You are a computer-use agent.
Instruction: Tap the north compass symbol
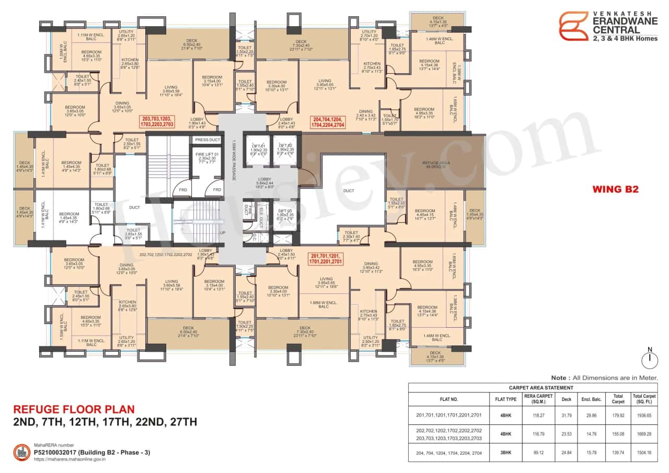(649, 358)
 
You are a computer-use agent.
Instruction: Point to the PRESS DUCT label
(207, 140)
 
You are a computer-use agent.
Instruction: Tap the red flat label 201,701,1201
(325, 257)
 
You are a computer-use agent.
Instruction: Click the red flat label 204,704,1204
(328, 122)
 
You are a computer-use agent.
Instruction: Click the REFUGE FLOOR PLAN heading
(73, 409)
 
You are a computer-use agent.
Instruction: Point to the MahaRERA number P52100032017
(92, 452)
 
